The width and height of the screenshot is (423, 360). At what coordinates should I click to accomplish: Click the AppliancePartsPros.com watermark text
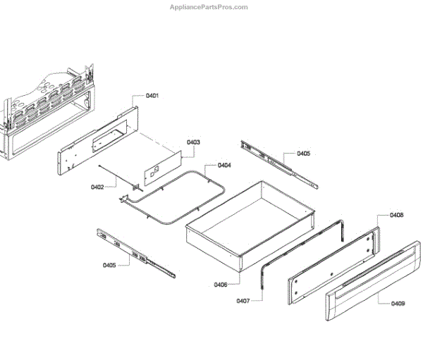point(209,7)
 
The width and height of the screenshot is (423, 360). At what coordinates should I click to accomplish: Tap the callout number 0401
point(152,96)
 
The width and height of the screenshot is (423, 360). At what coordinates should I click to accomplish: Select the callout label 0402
point(97,187)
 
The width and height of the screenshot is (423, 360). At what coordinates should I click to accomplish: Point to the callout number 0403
point(193,142)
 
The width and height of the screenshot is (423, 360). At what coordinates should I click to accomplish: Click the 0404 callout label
point(224,166)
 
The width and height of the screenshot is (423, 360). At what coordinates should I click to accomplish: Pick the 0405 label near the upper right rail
point(303,153)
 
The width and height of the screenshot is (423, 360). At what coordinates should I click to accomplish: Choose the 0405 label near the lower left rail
point(109,265)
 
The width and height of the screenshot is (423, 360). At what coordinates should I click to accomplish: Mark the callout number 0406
point(221,285)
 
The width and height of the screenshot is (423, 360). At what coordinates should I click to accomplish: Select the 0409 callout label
point(398,304)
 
